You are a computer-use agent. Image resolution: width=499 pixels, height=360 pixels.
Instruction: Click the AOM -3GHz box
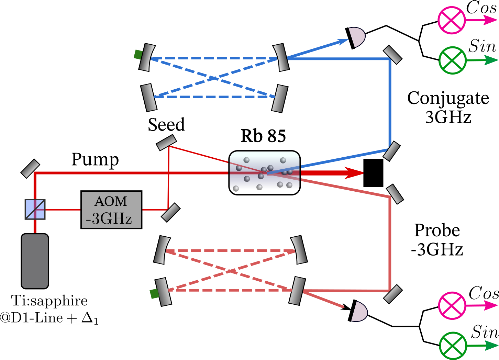click(111, 210)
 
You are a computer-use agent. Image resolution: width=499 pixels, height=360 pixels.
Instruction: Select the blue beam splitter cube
click(35, 209)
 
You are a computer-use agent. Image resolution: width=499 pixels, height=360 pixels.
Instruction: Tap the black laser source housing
click(35, 261)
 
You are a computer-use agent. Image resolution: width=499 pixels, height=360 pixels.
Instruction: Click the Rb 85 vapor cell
click(264, 173)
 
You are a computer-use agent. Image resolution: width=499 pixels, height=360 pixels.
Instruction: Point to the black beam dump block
click(374, 173)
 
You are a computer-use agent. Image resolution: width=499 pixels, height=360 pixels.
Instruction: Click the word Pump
click(95, 160)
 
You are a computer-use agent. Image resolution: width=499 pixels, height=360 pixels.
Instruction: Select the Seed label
click(166, 124)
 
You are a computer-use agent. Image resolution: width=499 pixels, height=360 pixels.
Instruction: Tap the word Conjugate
click(448, 99)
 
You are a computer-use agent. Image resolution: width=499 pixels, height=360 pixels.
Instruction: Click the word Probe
click(437, 230)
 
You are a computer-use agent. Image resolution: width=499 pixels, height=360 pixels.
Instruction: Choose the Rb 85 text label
click(263, 136)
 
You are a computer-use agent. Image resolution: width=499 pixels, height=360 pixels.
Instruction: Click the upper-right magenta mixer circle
click(452, 20)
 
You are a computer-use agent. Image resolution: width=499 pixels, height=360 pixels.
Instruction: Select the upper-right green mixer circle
click(453, 60)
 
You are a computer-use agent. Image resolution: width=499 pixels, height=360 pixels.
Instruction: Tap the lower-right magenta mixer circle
click(452, 305)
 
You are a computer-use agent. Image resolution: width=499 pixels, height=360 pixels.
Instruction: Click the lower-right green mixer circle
click(453, 345)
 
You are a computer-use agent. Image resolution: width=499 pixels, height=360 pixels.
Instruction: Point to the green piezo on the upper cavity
click(138, 54)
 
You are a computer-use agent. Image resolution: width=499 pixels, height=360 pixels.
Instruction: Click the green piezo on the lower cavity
click(154, 294)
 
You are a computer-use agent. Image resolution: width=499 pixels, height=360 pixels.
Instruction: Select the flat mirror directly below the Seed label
click(166, 143)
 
